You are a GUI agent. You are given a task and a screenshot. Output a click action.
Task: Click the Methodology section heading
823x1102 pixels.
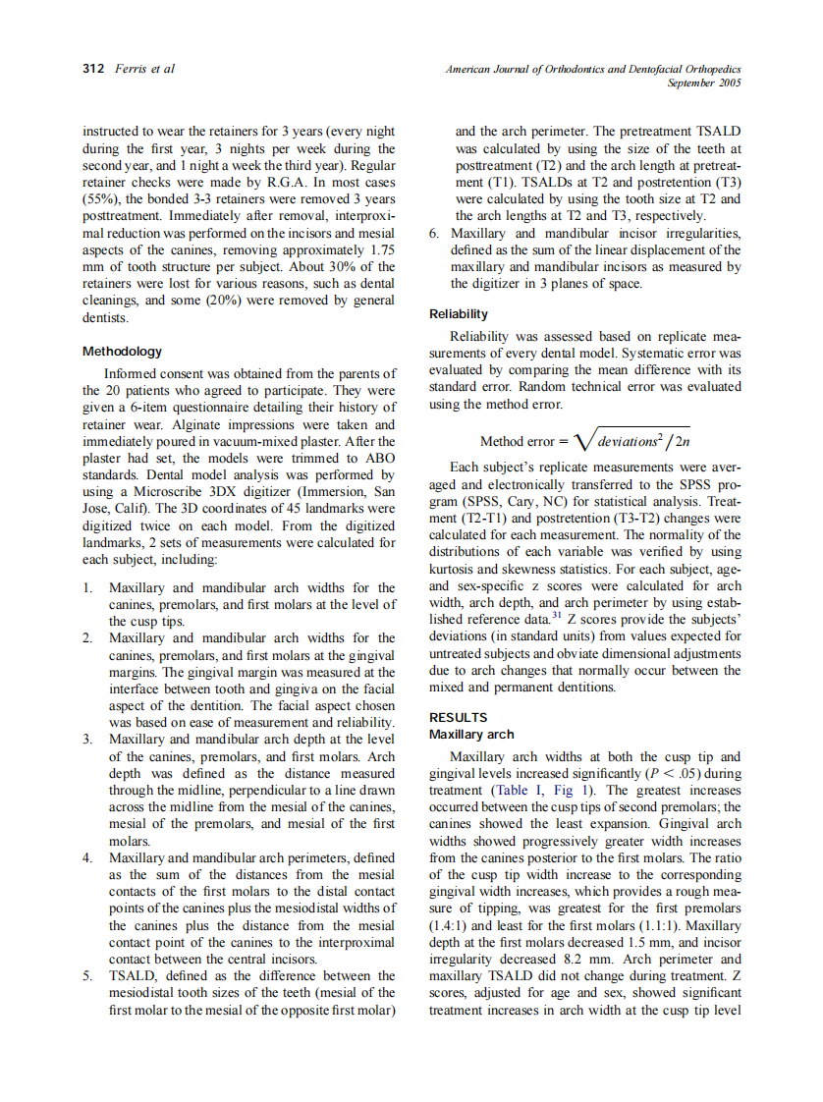click(x=122, y=351)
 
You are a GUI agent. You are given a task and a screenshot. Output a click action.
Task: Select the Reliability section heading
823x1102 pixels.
click(x=459, y=314)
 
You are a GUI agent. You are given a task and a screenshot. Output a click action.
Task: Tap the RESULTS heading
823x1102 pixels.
click(x=459, y=718)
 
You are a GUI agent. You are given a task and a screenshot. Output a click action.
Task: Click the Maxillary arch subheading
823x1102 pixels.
click(x=471, y=734)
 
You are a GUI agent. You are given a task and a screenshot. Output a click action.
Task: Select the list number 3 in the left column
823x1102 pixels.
click(x=88, y=738)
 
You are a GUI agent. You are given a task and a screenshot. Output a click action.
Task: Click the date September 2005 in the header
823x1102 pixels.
click(x=703, y=83)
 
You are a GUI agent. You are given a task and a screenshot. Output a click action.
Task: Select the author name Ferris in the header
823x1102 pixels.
click(x=133, y=69)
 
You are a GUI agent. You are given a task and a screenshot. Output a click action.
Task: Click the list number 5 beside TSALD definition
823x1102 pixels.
click(x=88, y=975)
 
